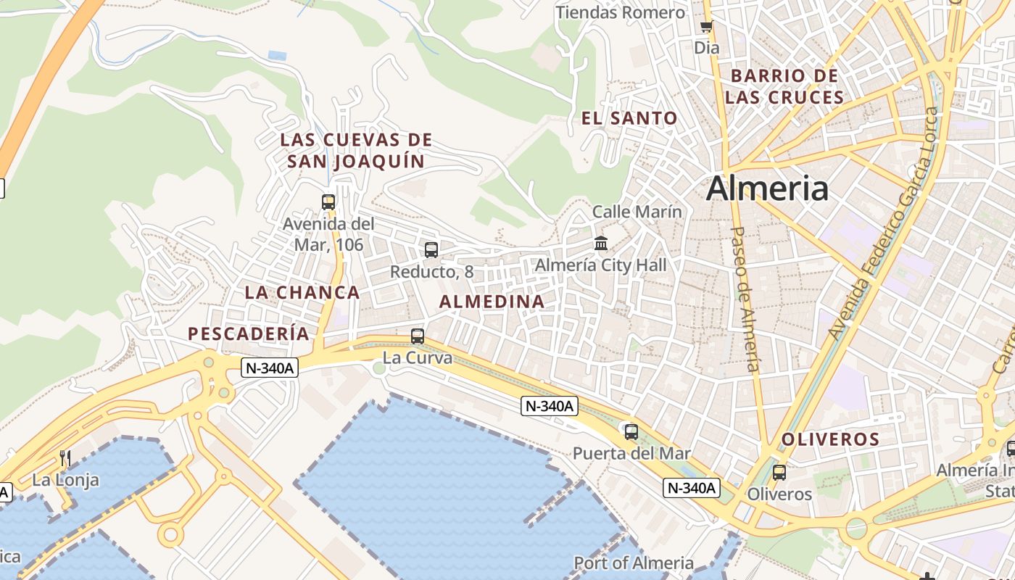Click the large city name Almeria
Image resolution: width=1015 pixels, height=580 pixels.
coord(767,188)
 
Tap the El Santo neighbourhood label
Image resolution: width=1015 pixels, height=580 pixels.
coord(629,117)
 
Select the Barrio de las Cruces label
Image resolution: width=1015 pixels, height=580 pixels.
coord(784,86)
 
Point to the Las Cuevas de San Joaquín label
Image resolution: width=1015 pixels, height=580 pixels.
coord(356,150)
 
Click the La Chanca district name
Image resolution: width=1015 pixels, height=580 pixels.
coord(302,292)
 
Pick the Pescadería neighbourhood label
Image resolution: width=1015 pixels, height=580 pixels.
coord(249,333)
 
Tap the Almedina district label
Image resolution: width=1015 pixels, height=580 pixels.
coord(492,301)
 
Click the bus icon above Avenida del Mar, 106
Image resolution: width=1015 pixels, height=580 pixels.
coord(328,202)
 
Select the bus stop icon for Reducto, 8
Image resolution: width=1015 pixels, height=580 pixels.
coord(431,250)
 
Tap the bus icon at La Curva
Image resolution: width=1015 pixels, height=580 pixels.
coord(418,336)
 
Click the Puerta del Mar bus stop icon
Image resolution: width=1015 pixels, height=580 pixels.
coord(631,432)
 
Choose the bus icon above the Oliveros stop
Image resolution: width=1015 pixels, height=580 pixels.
coord(779,473)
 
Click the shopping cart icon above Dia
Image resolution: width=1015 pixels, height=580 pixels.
coord(706,27)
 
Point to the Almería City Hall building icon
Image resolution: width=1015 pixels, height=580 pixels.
coord(601,244)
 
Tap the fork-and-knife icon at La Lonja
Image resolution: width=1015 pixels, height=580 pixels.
coord(65,457)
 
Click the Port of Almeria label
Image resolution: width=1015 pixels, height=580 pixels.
coord(634,563)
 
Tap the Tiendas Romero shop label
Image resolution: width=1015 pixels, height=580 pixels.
coord(620,12)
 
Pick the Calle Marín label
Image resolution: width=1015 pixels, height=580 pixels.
coord(637,212)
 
